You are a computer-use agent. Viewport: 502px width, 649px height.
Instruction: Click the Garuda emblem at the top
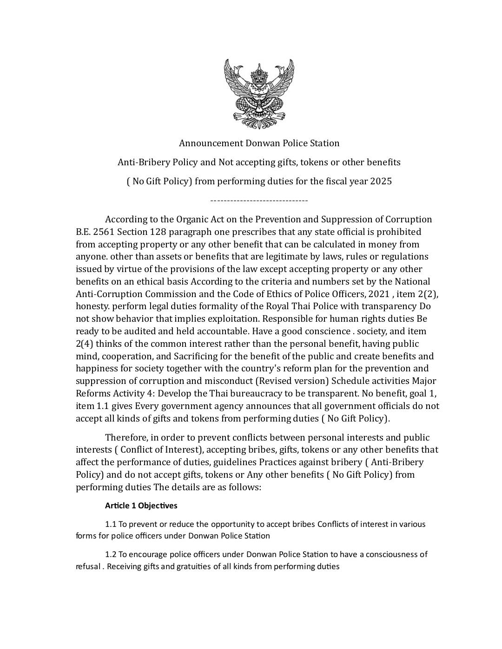pos(259,94)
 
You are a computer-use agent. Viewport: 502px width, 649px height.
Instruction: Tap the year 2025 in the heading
pos(381,181)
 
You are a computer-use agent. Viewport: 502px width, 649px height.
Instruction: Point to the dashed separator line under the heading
pos(259,201)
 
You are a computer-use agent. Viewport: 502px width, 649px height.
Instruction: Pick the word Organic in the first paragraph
pos(192,219)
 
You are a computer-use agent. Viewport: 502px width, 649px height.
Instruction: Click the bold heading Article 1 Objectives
pos(141,506)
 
